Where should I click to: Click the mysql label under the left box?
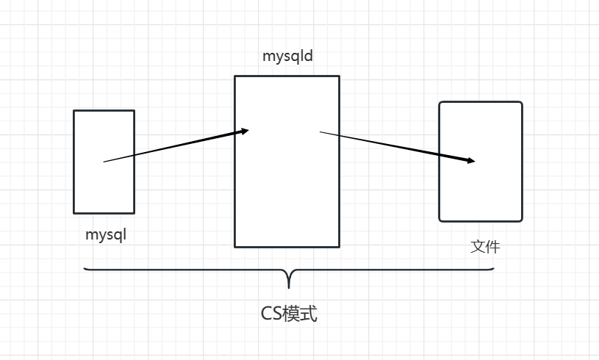[106, 236]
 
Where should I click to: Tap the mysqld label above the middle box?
[287, 57]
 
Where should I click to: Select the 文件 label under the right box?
[485, 247]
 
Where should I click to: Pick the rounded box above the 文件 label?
[481, 191]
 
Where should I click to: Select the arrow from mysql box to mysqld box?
[176, 146]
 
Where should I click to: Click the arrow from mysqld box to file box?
[397, 146]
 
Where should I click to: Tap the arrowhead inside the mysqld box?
[245, 132]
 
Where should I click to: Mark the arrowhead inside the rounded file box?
[471, 160]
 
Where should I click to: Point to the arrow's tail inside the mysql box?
[105, 161]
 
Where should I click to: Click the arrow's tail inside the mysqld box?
[321, 132]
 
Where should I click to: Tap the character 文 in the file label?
[478, 247]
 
